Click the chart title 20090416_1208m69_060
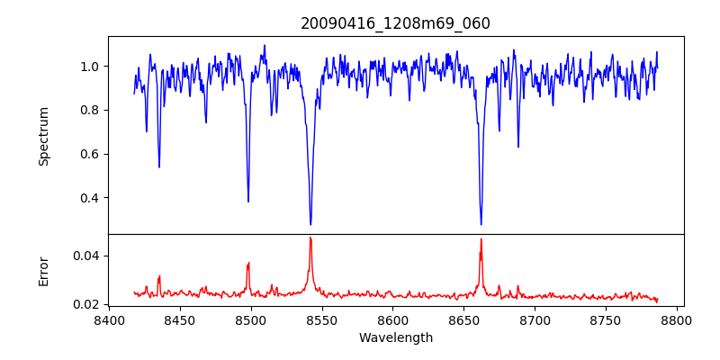[x=395, y=23]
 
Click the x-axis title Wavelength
[x=395, y=337]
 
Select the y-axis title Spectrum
[x=43, y=136]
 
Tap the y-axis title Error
[x=43, y=270]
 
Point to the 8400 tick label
[x=109, y=319]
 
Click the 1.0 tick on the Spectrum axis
[x=90, y=67]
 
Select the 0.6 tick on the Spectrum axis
[x=90, y=154]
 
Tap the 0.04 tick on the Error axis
[x=85, y=256]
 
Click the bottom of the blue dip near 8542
[x=310, y=224]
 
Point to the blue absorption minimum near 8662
[x=481, y=224]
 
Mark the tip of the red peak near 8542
[x=310, y=238]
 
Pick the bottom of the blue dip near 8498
[x=248, y=202]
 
